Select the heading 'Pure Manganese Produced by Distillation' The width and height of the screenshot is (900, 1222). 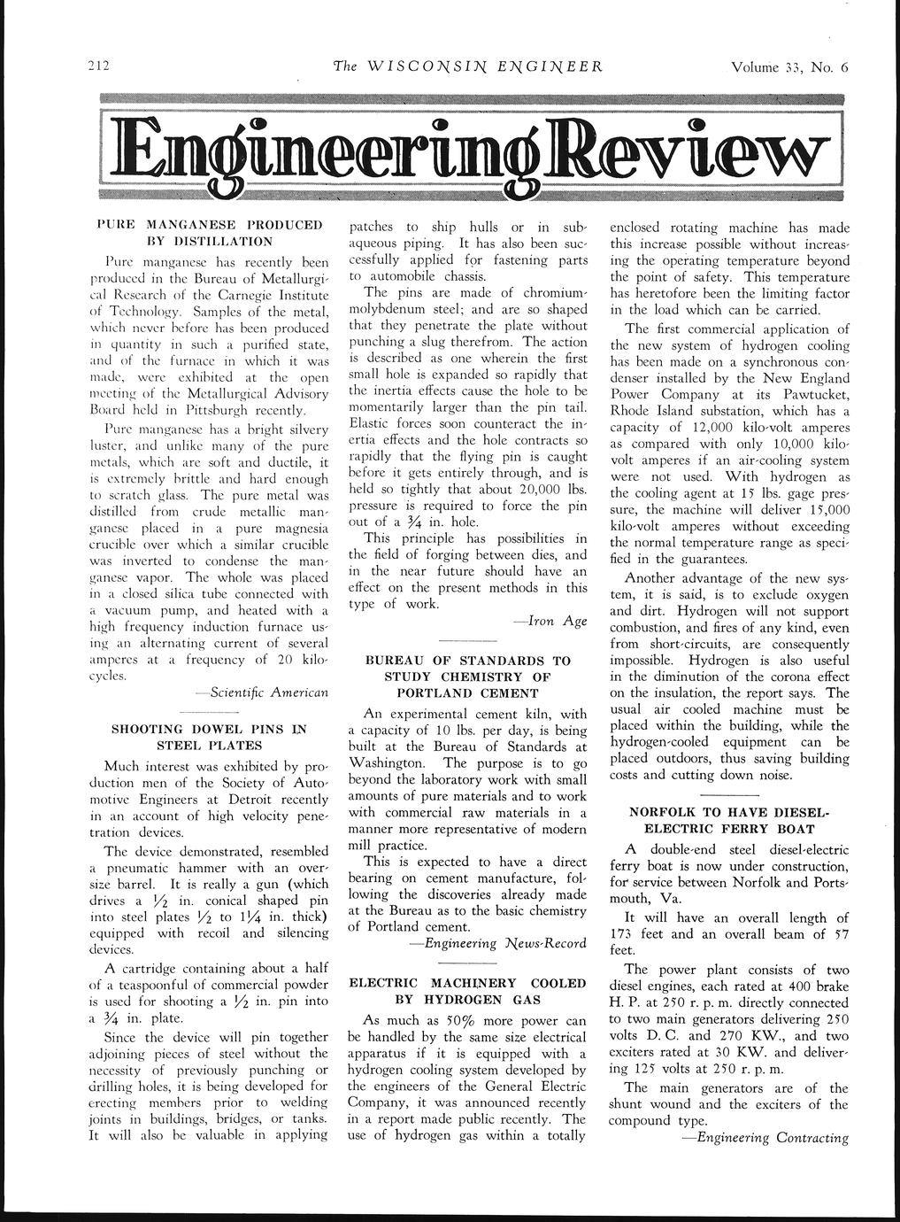[x=208, y=232]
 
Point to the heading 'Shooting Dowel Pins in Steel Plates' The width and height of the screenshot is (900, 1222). [x=208, y=737]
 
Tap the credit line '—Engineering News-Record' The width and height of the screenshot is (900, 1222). [x=498, y=943]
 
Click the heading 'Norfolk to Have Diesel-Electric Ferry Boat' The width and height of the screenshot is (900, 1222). [x=728, y=820]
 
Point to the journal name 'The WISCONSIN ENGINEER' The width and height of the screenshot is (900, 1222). [x=467, y=67]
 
